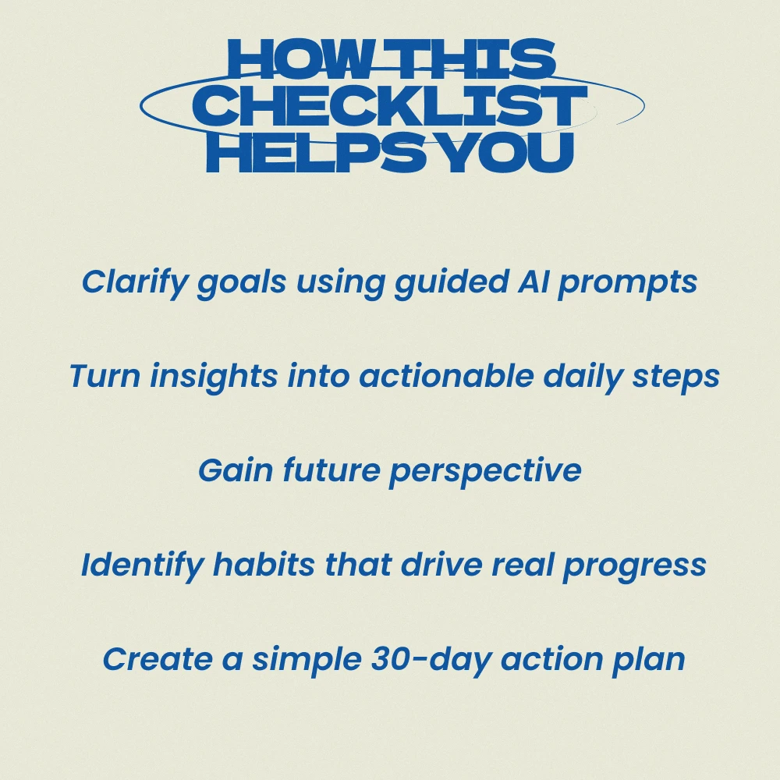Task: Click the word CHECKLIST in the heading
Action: (390, 105)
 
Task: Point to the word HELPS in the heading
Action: (317, 152)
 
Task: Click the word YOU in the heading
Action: (508, 152)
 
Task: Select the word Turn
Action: (105, 376)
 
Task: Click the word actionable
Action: (446, 376)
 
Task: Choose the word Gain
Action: (236, 470)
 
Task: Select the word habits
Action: (264, 565)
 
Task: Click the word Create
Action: (158, 659)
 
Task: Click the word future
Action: (331, 470)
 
